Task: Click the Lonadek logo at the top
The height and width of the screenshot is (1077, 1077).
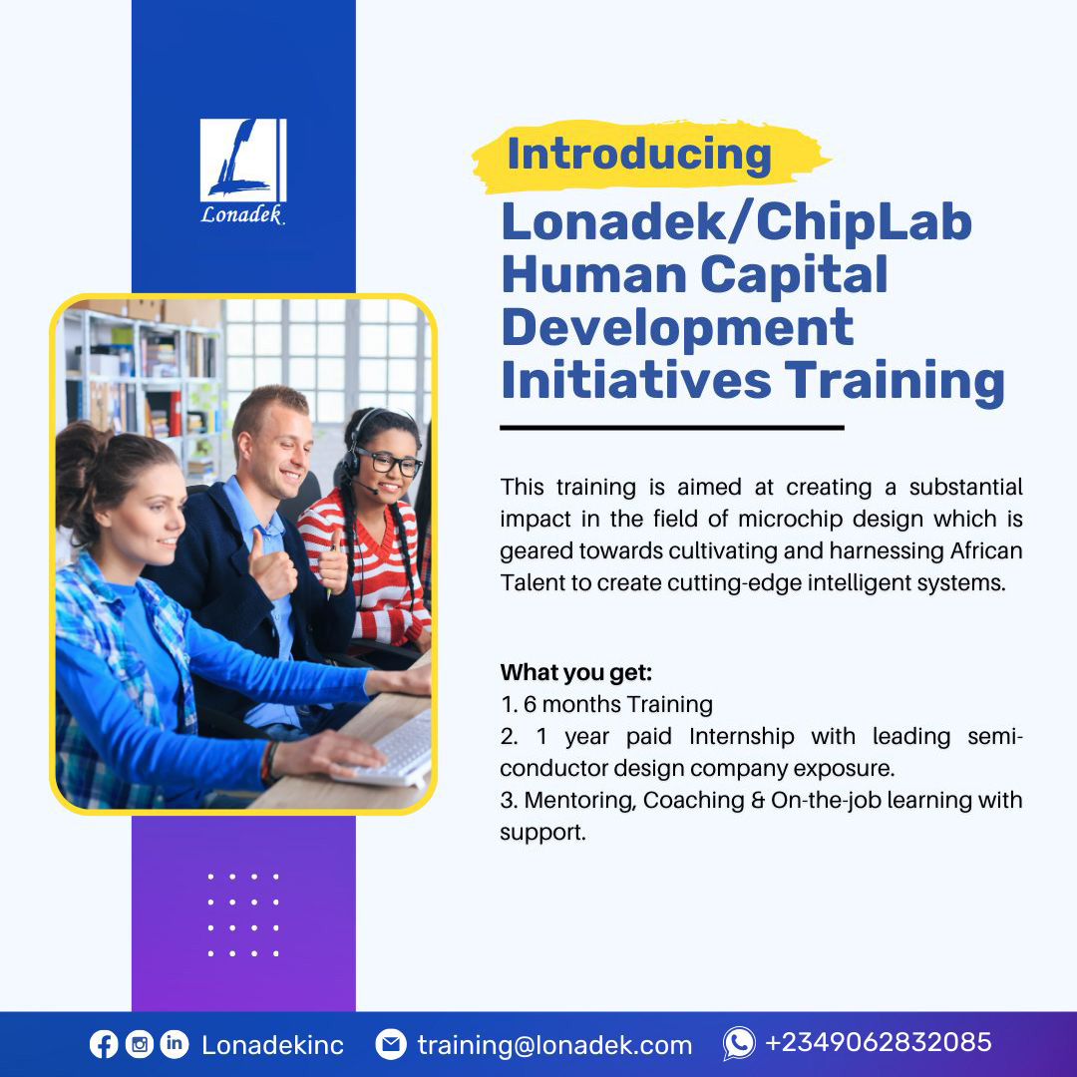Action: click(242, 170)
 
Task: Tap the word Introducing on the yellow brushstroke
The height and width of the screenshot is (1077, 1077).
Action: click(639, 155)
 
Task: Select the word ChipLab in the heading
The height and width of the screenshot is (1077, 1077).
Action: click(864, 221)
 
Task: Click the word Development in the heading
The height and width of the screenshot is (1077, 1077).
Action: click(677, 326)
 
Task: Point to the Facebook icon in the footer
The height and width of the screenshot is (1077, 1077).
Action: click(104, 1044)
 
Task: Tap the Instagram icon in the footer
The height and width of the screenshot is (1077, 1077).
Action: click(140, 1044)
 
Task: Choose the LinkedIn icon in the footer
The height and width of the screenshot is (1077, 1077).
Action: click(174, 1044)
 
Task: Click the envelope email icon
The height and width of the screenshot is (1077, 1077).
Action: click(391, 1044)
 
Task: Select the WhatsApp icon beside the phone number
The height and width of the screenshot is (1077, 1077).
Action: click(739, 1044)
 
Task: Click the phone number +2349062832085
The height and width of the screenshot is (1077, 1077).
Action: click(879, 1043)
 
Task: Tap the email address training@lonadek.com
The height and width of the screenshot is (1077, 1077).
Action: click(554, 1045)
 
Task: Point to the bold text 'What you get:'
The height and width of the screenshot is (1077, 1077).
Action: click(576, 672)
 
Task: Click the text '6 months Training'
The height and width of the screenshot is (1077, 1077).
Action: click(618, 704)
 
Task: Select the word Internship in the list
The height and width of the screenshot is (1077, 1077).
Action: click(741, 736)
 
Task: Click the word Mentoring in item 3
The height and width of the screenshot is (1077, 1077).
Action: click(579, 800)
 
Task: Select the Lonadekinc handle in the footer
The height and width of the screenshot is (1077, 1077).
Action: click(272, 1045)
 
